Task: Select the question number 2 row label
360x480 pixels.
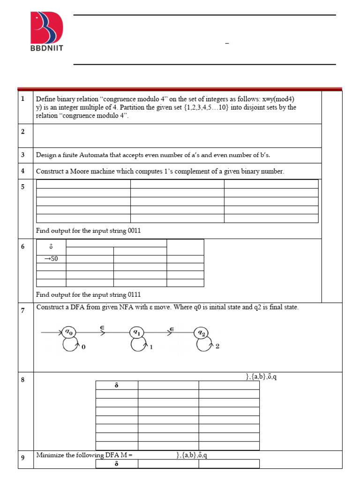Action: pyautogui.click(x=22, y=131)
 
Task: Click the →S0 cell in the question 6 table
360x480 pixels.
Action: pyautogui.click(x=51, y=259)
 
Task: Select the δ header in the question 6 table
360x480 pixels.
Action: pyautogui.click(x=51, y=247)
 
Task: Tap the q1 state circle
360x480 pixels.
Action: pyautogui.click(x=136, y=332)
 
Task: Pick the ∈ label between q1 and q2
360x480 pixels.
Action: pyautogui.click(x=172, y=329)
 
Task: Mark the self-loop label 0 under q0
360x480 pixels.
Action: pyautogui.click(x=83, y=347)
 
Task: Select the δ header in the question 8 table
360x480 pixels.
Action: pyautogui.click(x=116, y=385)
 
